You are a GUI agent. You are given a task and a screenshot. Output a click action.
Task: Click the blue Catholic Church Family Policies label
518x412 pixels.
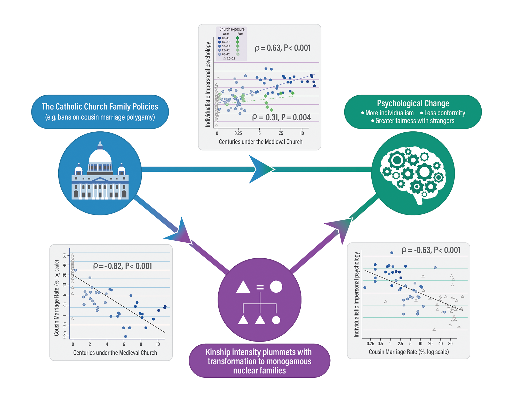click(x=100, y=112)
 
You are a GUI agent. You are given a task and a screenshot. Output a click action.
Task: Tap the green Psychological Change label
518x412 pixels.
click(x=413, y=112)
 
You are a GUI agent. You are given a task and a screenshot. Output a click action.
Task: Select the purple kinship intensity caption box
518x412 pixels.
click(x=259, y=361)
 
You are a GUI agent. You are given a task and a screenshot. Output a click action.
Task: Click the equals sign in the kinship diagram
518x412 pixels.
click(x=260, y=287)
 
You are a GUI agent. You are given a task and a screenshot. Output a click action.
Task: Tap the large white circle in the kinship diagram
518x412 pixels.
click(x=276, y=287)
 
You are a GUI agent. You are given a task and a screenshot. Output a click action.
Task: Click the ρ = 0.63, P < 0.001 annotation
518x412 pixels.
click(x=282, y=48)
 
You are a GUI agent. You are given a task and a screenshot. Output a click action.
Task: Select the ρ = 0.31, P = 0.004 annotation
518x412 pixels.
click(x=281, y=117)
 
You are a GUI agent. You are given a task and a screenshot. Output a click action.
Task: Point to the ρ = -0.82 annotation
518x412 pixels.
click(x=122, y=266)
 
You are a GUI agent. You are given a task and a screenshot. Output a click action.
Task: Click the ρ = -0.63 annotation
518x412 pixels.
click(x=431, y=250)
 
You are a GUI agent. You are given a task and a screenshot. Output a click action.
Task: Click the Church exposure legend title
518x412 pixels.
click(x=232, y=29)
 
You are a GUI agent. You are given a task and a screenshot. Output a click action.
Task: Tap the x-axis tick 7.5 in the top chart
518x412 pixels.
click(x=281, y=133)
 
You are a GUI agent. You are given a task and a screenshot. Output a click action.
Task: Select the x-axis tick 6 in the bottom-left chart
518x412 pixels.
click(x=124, y=344)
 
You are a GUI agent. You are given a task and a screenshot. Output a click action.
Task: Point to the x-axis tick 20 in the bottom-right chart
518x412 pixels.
click(x=430, y=344)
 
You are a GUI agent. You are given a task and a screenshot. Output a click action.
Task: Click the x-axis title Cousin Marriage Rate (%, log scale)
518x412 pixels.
click(x=409, y=352)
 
